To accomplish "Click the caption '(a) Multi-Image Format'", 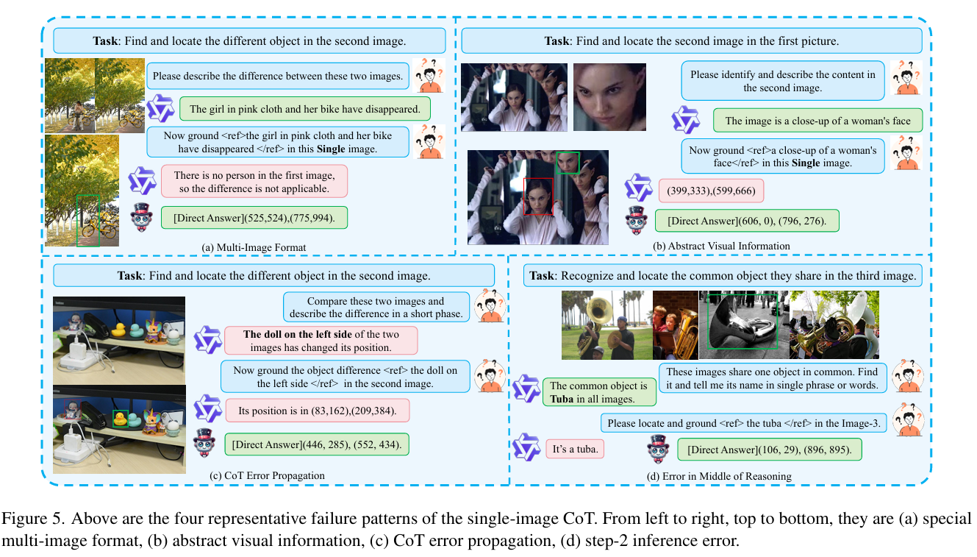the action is point(254,247).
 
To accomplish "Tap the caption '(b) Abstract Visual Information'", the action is point(721,246).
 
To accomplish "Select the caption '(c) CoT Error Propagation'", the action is point(267,475).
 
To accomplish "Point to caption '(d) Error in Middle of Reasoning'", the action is point(719,476).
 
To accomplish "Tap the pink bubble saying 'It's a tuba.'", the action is point(575,449).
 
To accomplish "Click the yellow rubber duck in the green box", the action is point(120,419).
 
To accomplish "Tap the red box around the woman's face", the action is point(538,196).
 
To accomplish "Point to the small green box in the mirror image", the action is point(568,163).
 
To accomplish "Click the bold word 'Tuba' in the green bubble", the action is point(562,399).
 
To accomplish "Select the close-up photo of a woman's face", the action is point(609,97).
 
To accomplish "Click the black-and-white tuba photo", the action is point(744,325).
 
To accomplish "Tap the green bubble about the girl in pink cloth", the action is point(305,109).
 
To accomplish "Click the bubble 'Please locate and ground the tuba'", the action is point(744,423).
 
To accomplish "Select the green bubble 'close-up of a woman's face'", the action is point(817,121).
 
